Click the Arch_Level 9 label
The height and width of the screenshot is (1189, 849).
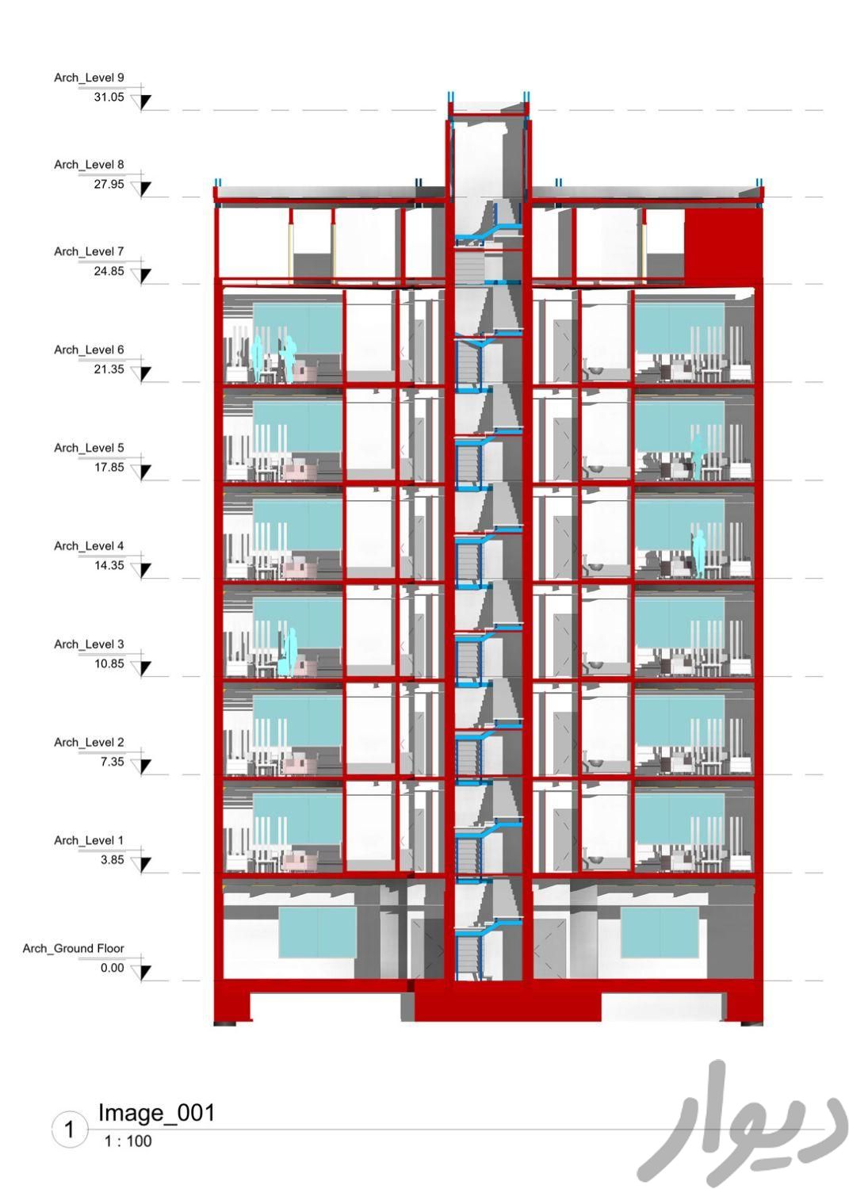(x=89, y=78)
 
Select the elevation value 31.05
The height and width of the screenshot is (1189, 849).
(x=109, y=97)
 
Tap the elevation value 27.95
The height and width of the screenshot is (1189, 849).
(x=109, y=184)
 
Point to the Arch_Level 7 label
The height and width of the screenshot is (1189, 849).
(x=89, y=251)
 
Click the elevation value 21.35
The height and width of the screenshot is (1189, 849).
(x=109, y=369)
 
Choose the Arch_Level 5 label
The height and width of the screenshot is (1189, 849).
(x=89, y=448)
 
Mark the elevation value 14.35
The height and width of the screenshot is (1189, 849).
(x=109, y=566)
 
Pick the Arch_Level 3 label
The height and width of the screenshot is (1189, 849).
(x=89, y=644)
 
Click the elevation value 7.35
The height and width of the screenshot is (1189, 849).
(x=112, y=763)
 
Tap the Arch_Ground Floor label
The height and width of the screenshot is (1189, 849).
(x=73, y=949)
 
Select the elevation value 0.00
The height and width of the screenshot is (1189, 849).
(x=112, y=968)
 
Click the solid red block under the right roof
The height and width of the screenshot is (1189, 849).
(x=723, y=245)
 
